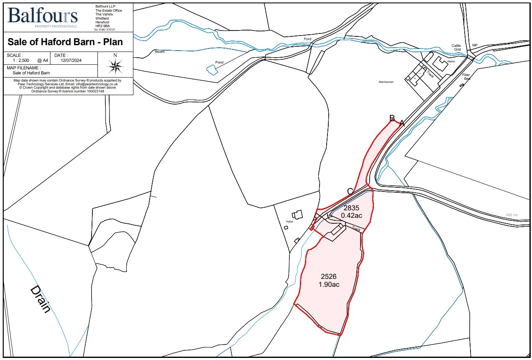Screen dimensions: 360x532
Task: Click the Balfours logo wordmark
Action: (42, 15)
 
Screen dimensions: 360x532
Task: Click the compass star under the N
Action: (115, 66)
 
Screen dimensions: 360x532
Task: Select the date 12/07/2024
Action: (71, 60)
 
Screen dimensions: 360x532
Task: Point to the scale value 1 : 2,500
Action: (20, 60)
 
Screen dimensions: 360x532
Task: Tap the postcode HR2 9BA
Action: (102, 26)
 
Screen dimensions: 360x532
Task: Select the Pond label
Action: (220, 62)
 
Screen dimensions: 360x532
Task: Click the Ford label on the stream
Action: (308, 39)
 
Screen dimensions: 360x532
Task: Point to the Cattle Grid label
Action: (456, 47)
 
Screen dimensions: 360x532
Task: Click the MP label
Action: (475, 45)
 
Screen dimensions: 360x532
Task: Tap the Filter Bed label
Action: (466, 77)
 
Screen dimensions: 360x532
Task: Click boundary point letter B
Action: (392, 118)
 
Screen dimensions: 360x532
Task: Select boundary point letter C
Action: (350, 191)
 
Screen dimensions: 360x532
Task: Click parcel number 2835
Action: (351, 207)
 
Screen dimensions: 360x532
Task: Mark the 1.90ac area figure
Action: (329, 285)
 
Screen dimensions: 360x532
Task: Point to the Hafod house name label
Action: (289, 221)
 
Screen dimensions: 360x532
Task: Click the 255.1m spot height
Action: (512, 215)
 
